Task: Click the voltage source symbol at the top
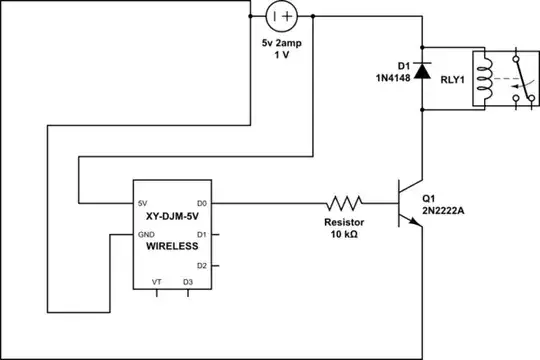point(281,17)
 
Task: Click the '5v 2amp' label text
point(281,44)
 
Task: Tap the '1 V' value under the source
point(281,56)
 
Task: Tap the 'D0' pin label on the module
point(202,203)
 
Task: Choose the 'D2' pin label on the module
point(202,265)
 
